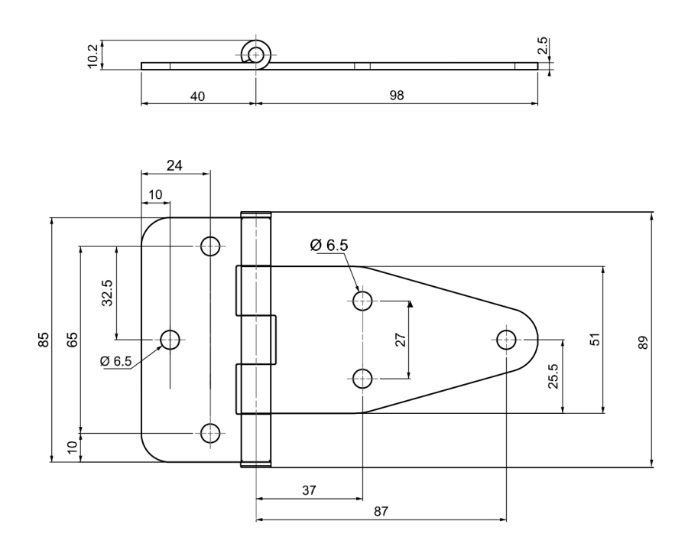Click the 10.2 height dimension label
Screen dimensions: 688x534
click(93, 56)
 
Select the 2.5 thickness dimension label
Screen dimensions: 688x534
click(543, 46)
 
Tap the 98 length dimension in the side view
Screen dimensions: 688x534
click(397, 96)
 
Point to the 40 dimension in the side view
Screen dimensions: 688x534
click(197, 96)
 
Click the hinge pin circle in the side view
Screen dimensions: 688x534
click(256, 55)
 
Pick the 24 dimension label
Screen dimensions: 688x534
click(174, 165)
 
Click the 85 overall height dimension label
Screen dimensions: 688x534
click(44, 340)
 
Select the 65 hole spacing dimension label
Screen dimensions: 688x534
click(73, 340)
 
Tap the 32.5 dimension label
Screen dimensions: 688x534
click(108, 293)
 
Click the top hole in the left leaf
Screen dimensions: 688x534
click(210, 246)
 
